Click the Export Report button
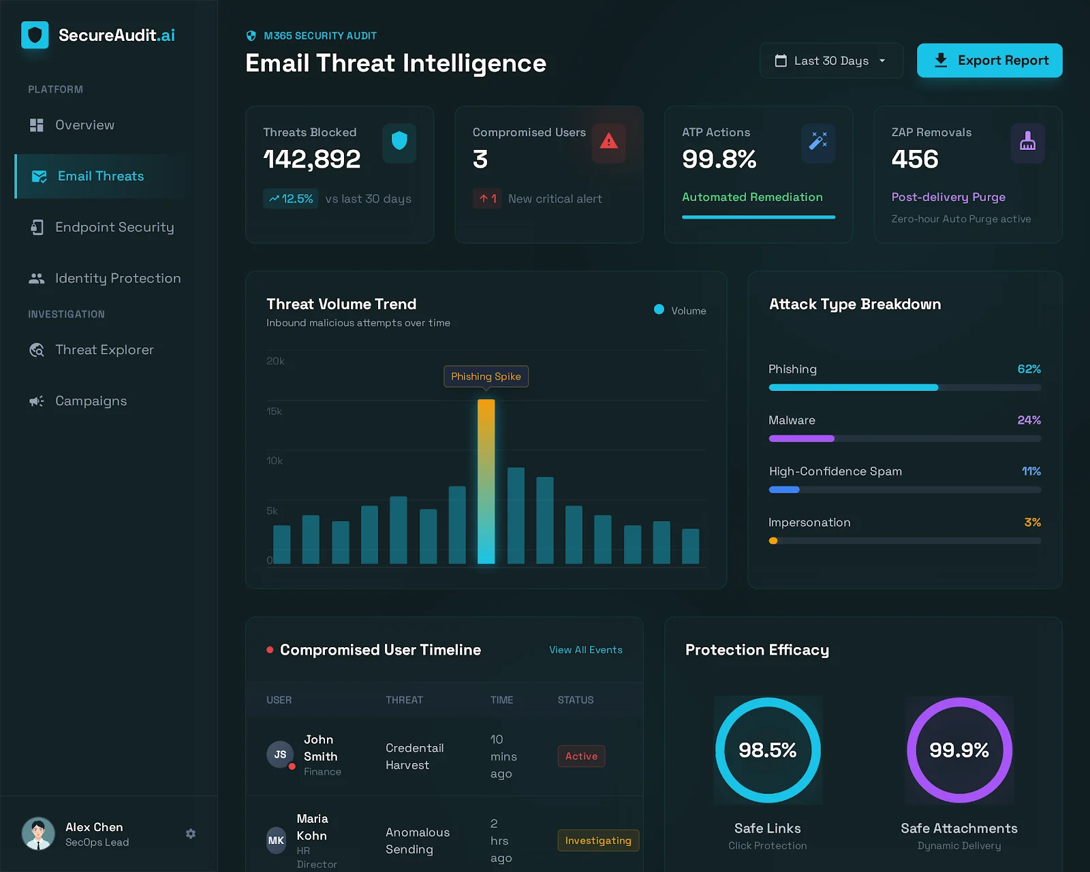click(x=989, y=61)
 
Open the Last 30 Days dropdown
click(x=830, y=61)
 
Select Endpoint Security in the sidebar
click(x=114, y=227)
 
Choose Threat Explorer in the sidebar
click(x=104, y=349)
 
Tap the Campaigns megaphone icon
click(x=37, y=401)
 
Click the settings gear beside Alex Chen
click(x=191, y=833)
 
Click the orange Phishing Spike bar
click(x=486, y=482)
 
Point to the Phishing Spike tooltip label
click(x=486, y=377)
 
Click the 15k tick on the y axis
click(x=274, y=411)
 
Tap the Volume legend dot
click(x=659, y=309)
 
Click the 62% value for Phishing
click(x=1029, y=369)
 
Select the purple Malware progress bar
click(x=801, y=438)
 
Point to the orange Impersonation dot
click(x=773, y=541)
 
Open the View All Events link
click(x=585, y=649)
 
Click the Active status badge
click(x=581, y=756)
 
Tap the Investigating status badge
click(x=598, y=840)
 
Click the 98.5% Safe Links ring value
click(x=767, y=750)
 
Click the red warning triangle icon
click(x=608, y=142)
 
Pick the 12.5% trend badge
click(x=290, y=199)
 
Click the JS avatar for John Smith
click(x=279, y=754)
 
